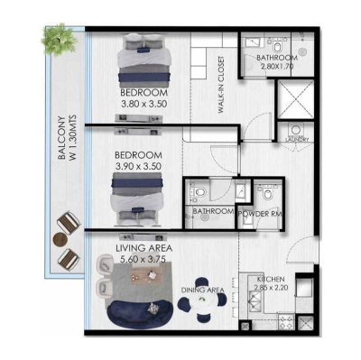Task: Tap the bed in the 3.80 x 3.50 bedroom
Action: click(x=146, y=62)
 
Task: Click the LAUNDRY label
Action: click(x=297, y=140)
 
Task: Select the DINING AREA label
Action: click(x=202, y=290)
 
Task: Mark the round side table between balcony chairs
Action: click(x=60, y=239)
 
